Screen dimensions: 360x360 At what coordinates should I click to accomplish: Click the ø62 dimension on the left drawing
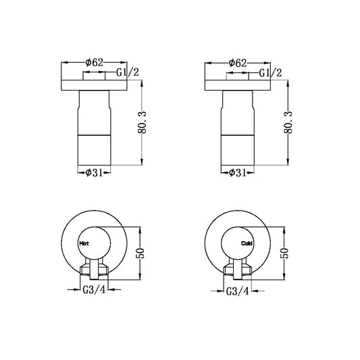click(x=94, y=62)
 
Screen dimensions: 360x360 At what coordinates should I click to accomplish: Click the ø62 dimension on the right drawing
click(x=236, y=62)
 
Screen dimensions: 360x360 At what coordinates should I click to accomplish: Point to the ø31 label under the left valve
click(x=94, y=173)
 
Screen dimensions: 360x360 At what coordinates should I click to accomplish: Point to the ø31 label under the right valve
click(x=236, y=173)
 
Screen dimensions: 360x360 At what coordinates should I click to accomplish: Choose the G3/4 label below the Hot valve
click(x=93, y=291)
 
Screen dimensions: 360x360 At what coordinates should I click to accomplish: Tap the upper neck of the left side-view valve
click(x=94, y=108)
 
